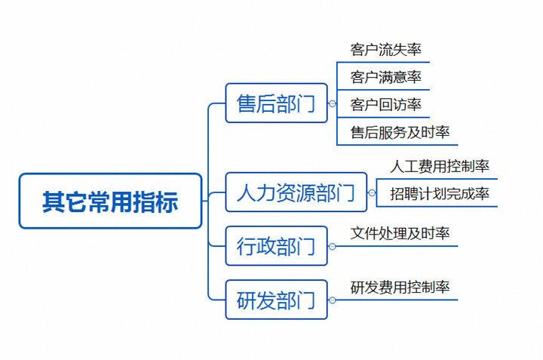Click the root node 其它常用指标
110,201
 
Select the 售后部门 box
276,103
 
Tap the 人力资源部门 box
296,192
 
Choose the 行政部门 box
276,246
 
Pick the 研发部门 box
276,300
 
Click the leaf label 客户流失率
385,50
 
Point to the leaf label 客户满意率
385,77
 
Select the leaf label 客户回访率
385,105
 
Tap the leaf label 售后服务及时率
400,132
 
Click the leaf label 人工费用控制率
440,166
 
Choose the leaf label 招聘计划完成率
440,194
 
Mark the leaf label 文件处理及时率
400,233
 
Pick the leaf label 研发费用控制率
400,288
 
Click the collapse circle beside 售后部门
332,103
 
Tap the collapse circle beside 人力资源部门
372,192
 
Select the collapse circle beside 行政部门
332,246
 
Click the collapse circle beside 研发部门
332,300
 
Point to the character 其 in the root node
54,202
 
